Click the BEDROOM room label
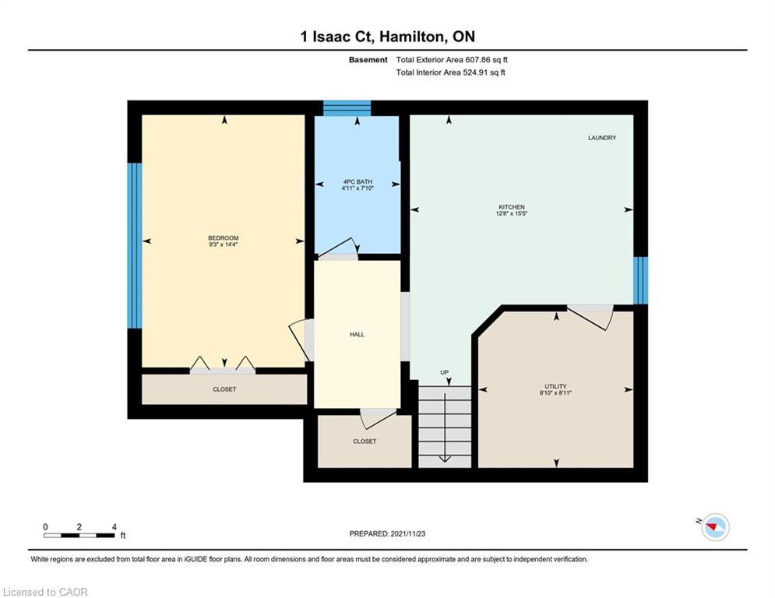(x=223, y=237)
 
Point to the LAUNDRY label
(x=601, y=138)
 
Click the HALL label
(x=357, y=334)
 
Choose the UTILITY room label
(x=555, y=386)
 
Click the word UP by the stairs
(x=444, y=372)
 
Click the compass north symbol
(x=714, y=528)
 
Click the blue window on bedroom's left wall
(x=135, y=245)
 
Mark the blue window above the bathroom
(x=347, y=108)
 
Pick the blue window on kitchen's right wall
(x=640, y=280)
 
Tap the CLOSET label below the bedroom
(x=224, y=389)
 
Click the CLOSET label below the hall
(x=364, y=441)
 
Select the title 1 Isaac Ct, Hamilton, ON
(x=387, y=36)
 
